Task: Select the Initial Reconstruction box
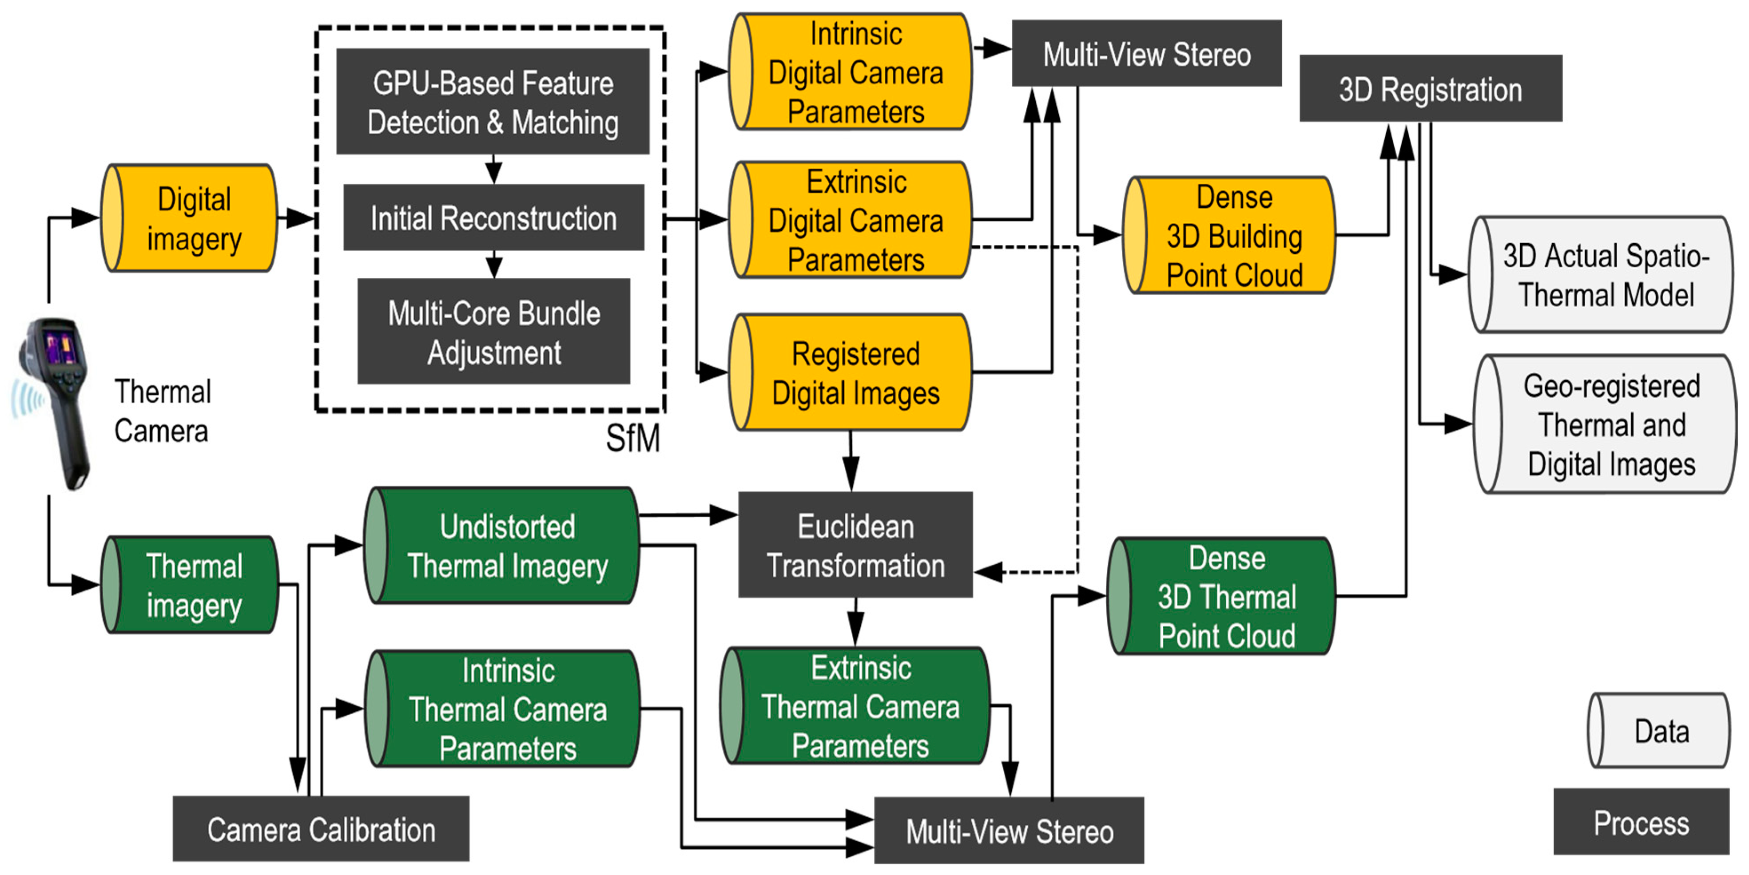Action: pyautogui.click(x=493, y=217)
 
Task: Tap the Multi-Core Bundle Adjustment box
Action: pyautogui.click(x=493, y=331)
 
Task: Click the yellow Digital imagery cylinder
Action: pyautogui.click(x=189, y=218)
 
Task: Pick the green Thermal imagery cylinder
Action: pyautogui.click(x=189, y=585)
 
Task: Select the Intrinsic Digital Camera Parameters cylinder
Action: pyautogui.click(x=850, y=71)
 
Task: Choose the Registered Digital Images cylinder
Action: pyautogui.click(x=850, y=372)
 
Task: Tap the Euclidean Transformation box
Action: pyautogui.click(x=855, y=544)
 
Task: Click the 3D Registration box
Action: pyautogui.click(x=1431, y=88)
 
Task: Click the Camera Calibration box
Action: pyautogui.click(x=321, y=829)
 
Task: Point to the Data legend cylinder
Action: pyautogui.click(x=1659, y=730)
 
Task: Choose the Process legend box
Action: pyautogui.click(x=1641, y=821)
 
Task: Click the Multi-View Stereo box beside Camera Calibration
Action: pyautogui.click(x=1009, y=830)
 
